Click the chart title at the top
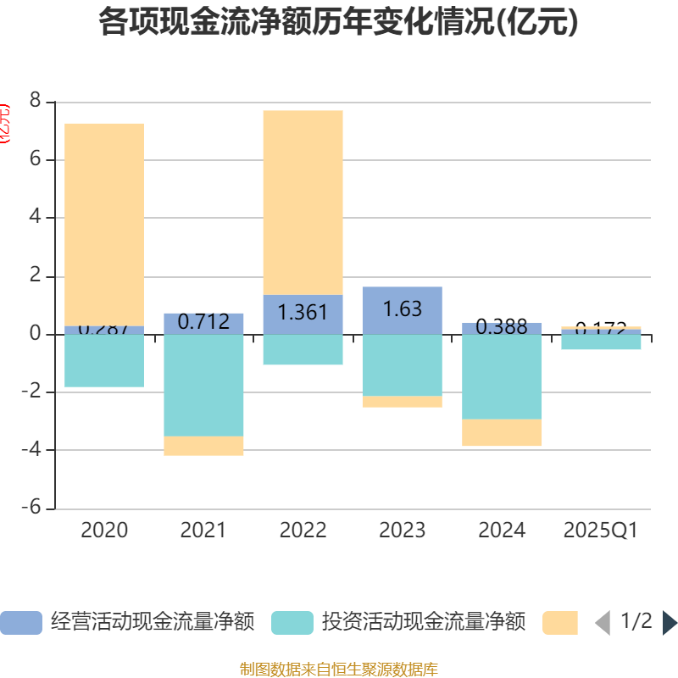click(x=338, y=23)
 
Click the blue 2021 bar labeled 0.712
click(x=203, y=323)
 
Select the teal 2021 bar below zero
click(x=203, y=386)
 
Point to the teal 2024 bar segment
click(x=502, y=377)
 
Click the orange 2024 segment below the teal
click(x=502, y=433)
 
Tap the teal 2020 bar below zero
click(x=104, y=361)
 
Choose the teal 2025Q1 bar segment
click(x=601, y=342)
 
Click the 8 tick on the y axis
click(x=35, y=102)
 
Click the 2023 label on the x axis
click(x=402, y=531)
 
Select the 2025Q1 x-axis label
click(x=601, y=531)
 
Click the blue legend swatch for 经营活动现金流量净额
click(x=21, y=623)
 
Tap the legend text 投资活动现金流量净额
click(x=423, y=623)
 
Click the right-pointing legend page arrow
click(x=670, y=623)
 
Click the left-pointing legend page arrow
click(x=603, y=623)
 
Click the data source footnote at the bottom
click(x=338, y=670)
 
